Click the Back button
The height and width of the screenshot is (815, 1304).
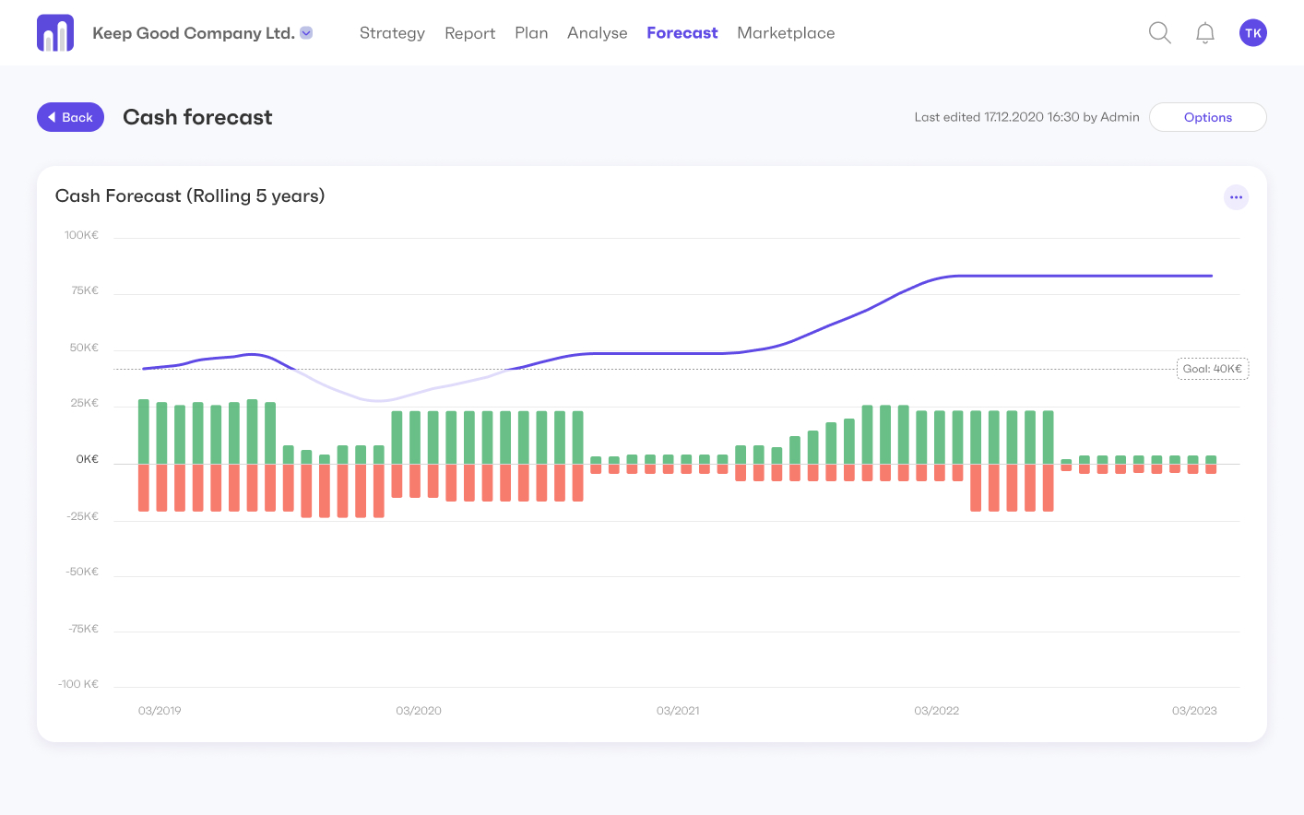tap(70, 117)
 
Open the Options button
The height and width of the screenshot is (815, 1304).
tap(1207, 117)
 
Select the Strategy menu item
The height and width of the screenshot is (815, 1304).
tap(392, 33)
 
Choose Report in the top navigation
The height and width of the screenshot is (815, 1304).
tap(469, 33)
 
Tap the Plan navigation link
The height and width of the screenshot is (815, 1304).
tap(531, 33)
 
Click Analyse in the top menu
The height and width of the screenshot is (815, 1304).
tap(597, 33)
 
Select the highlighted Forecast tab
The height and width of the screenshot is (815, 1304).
tap(682, 33)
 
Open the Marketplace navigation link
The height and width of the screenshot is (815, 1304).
tap(786, 33)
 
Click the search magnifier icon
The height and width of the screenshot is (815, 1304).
tap(1159, 33)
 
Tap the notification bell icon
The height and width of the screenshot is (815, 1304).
tap(1204, 33)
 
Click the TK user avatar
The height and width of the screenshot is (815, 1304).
tap(1252, 33)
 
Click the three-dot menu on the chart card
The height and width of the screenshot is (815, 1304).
tap(1236, 197)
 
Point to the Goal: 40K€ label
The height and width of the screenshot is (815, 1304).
tap(1212, 369)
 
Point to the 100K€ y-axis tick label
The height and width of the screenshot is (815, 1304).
tap(81, 235)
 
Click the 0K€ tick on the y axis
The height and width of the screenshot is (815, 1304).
tap(87, 459)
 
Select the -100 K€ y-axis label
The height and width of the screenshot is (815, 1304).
tap(78, 684)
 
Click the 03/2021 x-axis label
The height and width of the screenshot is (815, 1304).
tap(678, 711)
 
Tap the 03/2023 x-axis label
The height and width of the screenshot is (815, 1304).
tap(1194, 711)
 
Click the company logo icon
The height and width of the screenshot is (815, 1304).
tap(55, 33)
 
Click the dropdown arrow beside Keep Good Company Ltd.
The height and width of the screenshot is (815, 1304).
tap(307, 33)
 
